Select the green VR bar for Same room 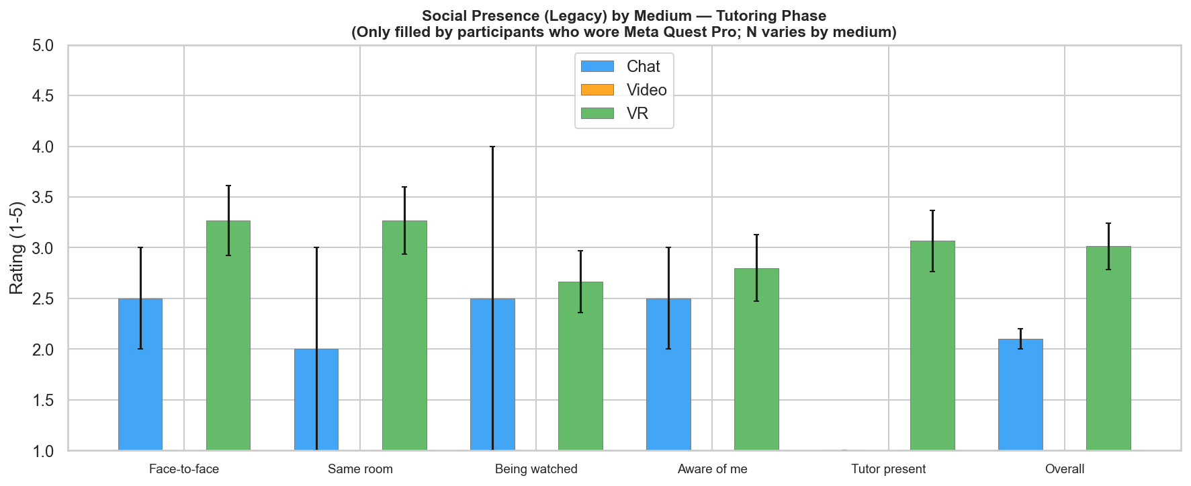(404, 335)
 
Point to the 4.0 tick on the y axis (45, 147)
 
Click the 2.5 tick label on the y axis (45, 298)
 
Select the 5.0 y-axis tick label (45, 46)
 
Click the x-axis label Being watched (536, 469)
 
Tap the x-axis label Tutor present (888, 469)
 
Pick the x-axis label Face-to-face (184, 469)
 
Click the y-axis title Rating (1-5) (17, 248)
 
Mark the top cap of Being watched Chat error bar (492, 147)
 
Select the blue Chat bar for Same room (316, 399)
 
